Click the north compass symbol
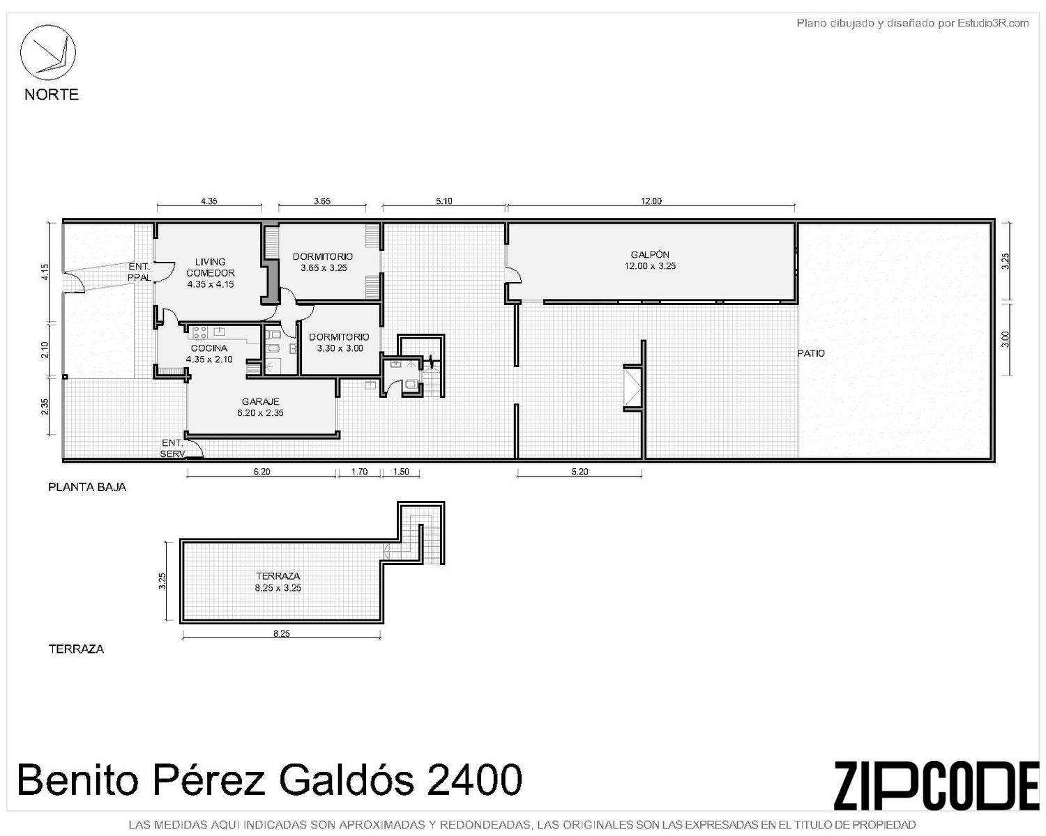pos(47,52)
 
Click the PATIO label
pos(811,354)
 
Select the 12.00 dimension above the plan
pos(651,201)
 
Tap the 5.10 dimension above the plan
pos(444,201)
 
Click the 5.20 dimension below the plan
pos(579,471)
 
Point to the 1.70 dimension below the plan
pos(359,471)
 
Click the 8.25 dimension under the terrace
pos(282,633)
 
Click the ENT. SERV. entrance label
pos(172,449)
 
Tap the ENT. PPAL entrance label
pos(139,272)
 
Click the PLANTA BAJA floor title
pos(87,487)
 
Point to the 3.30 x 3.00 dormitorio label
pos(340,348)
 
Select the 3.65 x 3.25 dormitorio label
pos(324,268)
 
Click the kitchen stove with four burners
pos(199,332)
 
